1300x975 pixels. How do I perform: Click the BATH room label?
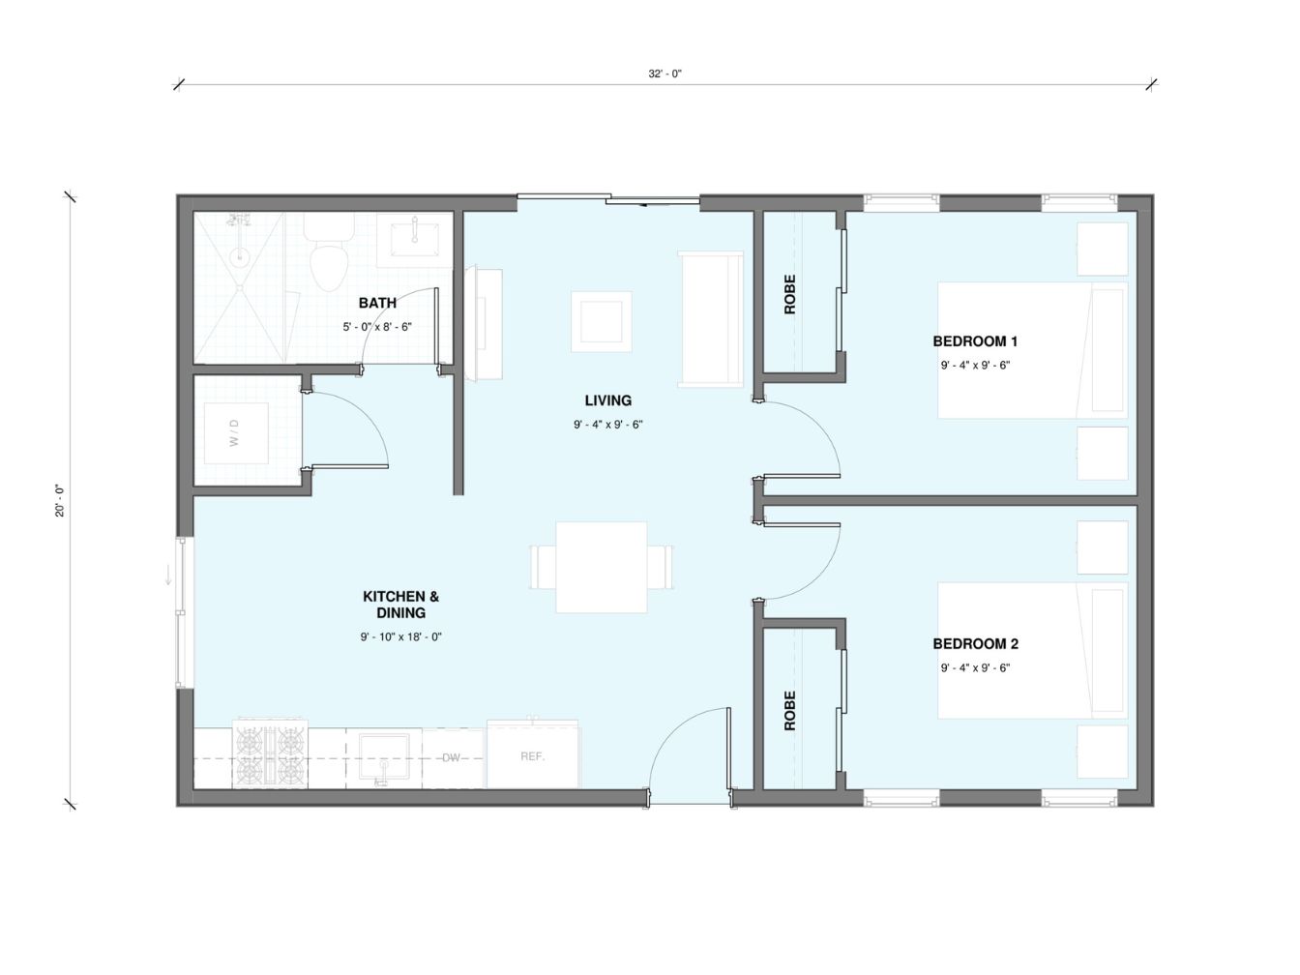377,303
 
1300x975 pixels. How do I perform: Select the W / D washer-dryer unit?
236,433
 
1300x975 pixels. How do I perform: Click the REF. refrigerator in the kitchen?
532,754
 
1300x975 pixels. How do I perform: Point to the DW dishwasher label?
452,757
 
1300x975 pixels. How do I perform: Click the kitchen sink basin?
384,757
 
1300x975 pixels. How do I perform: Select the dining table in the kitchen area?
601,567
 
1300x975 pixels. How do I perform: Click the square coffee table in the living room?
601,321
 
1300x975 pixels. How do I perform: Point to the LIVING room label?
608,400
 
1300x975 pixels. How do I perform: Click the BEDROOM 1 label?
975,341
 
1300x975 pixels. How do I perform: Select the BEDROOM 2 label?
975,644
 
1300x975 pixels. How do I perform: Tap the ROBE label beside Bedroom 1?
789,294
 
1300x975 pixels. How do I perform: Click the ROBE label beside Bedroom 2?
789,710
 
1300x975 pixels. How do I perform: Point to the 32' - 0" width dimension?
665,74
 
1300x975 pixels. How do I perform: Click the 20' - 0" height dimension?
59,501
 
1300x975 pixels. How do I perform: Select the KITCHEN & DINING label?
401,605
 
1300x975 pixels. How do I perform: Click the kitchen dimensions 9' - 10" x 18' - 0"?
401,637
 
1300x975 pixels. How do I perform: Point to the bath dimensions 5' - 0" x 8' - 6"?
377,327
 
